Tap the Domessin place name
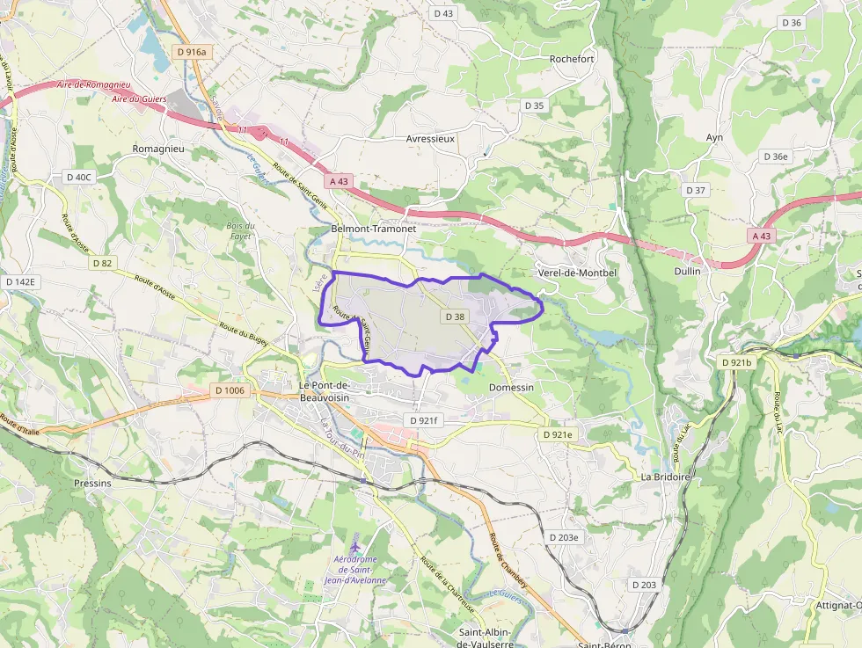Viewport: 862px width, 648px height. [511, 387]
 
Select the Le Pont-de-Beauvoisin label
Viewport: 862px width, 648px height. [325, 391]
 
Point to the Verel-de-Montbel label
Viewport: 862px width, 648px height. [576, 273]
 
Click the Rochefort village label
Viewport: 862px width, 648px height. [572, 59]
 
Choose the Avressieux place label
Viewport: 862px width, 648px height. [430, 138]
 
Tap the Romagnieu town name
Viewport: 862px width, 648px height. [157, 149]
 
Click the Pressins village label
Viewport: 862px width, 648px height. [92, 483]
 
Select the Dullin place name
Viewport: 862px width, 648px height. [687, 272]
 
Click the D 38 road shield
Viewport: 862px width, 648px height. [455, 316]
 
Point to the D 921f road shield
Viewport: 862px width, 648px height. [423, 421]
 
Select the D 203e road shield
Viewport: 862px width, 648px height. [563, 537]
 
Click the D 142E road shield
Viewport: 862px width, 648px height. [20, 281]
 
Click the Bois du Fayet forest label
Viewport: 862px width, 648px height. [238, 231]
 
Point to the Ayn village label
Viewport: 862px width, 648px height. [714, 137]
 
